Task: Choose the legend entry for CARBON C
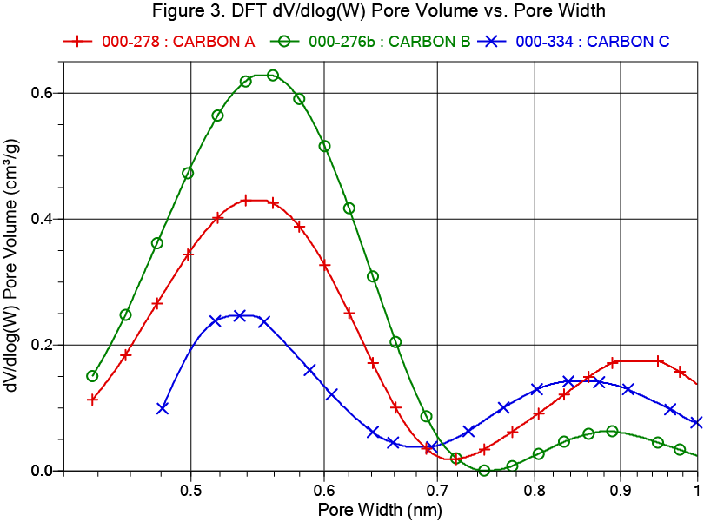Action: [583, 41]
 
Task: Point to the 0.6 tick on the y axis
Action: [42, 93]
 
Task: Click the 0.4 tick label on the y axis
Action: [42, 219]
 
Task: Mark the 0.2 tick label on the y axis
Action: [42, 345]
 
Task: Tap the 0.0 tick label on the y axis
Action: [42, 471]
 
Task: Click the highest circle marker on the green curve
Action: [273, 76]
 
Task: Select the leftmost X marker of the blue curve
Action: [163, 408]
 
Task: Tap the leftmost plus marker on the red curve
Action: [93, 400]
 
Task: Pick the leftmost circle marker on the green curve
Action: [92, 376]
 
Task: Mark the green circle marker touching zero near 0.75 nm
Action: [484, 471]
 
